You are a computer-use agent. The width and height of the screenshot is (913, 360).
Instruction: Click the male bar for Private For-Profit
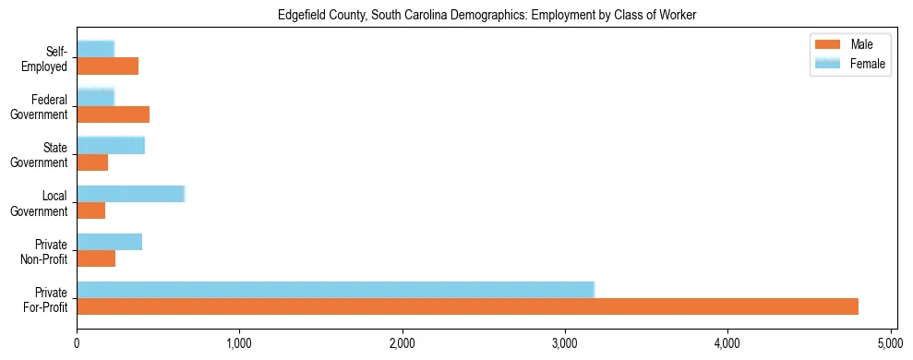(x=467, y=306)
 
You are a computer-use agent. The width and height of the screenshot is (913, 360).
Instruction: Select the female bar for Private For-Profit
(x=335, y=290)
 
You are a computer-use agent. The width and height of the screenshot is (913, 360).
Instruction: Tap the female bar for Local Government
(x=130, y=194)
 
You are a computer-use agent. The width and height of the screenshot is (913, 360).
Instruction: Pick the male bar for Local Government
(x=90, y=210)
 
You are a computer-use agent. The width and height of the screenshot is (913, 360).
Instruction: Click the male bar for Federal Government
(x=113, y=114)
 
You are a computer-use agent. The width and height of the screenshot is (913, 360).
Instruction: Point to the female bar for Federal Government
(x=95, y=98)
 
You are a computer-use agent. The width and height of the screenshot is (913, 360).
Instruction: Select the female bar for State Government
(x=111, y=146)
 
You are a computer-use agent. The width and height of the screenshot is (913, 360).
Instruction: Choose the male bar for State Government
(x=92, y=162)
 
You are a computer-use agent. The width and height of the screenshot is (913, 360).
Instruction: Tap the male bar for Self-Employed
(x=107, y=66)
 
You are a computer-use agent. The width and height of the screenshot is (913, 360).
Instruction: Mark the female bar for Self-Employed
(x=95, y=50)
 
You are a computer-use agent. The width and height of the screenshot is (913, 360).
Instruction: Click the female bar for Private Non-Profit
(x=109, y=242)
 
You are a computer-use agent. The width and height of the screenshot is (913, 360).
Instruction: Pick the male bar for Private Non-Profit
(x=96, y=258)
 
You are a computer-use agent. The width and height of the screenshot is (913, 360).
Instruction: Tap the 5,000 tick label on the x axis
(x=891, y=343)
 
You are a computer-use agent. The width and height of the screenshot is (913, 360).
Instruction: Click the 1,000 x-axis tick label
(x=239, y=343)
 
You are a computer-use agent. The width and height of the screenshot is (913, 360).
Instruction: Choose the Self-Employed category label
(x=45, y=58)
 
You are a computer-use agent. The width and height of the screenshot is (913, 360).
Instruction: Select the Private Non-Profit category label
(x=46, y=250)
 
